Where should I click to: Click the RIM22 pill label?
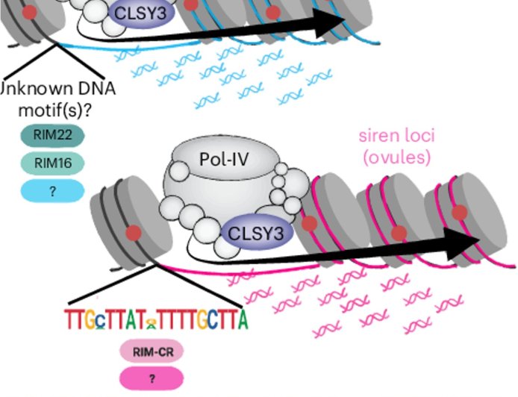(x=52, y=136)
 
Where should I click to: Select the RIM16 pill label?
(x=52, y=163)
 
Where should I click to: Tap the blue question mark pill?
(x=52, y=191)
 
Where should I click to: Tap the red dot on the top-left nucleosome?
(x=29, y=12)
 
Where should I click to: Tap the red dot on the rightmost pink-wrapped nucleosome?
(x=459, y=212)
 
